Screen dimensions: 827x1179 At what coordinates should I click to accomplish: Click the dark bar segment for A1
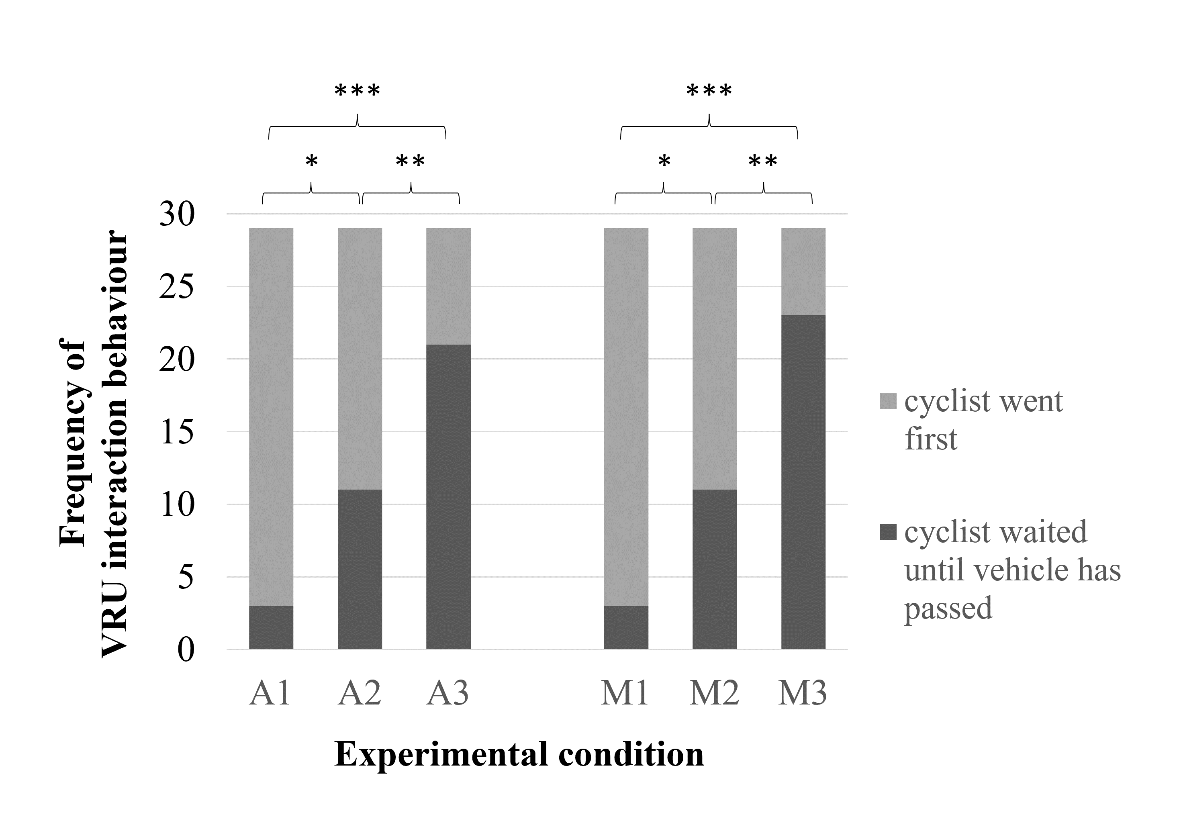[x=271, y=627]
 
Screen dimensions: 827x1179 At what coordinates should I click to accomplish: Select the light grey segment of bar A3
[x=448, y=286]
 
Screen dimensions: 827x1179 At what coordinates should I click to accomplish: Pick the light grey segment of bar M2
[x=714, y=358]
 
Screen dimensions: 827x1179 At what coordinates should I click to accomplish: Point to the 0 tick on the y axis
[x=186, y=650]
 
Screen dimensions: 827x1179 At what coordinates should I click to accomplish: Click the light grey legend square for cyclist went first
[x=888, y=401]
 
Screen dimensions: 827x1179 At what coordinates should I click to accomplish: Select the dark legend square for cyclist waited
[x=888, y=532]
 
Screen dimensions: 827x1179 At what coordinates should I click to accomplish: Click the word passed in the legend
[x=948, y=609]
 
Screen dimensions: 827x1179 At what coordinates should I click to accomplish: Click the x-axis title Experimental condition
[x=519, y=755]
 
